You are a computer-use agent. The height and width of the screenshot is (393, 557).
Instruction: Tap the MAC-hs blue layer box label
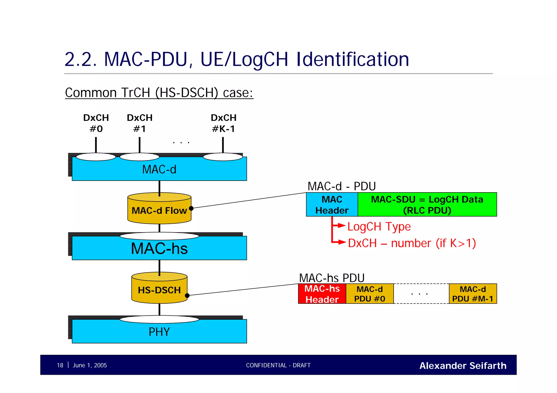pos(159,248)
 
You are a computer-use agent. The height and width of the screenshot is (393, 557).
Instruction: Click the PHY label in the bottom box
pos(159,332)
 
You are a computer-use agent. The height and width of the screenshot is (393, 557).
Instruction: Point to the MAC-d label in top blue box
pos(159,169)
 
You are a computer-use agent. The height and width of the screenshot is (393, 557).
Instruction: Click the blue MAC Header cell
pos(332,205)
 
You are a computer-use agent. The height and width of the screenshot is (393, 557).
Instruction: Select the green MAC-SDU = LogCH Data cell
pos(427,205)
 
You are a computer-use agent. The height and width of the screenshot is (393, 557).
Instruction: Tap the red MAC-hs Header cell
pos(322,294)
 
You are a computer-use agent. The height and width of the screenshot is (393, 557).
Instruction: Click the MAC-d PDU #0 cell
pos(370,294)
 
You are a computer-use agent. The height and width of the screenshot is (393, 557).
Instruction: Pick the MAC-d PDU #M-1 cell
pos(473,294)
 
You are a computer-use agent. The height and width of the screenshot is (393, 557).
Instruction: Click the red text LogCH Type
pos(379,226)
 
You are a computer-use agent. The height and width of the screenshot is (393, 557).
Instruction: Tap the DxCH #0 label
pos(96,123)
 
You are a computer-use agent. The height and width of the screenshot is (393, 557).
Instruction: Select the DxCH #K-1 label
pos(223,123)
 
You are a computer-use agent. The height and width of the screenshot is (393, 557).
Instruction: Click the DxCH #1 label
pos(140,123)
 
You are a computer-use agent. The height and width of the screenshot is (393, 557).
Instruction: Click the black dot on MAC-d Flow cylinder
pos(191,208)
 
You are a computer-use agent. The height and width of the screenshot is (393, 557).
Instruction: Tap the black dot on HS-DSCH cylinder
pos(187,295)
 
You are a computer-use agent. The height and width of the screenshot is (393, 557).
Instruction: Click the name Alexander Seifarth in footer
pos(463,366)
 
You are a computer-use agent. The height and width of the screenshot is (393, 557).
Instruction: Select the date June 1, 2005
pos(90,365)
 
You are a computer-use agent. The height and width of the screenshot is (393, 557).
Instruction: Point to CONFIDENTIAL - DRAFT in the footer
pos(278,365)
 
